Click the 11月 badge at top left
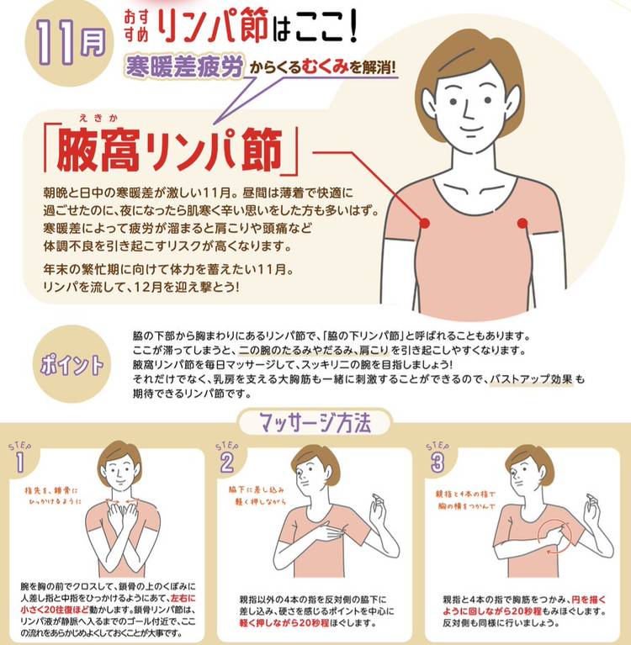(69, 44)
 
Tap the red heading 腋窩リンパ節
(170, 150)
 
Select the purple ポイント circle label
(72, 363)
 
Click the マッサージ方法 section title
(315, 422)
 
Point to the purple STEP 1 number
(19, 463)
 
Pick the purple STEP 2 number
(227, 463)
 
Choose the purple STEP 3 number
(437, 463)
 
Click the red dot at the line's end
(425, 224)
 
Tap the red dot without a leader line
(522, 224)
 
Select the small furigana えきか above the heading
(98, 119)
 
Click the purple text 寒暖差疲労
(184, 66)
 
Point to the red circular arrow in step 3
(554, 537)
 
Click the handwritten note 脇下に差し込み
(257, 490)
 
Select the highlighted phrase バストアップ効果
(531, 379)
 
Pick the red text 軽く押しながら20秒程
(284, 623)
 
